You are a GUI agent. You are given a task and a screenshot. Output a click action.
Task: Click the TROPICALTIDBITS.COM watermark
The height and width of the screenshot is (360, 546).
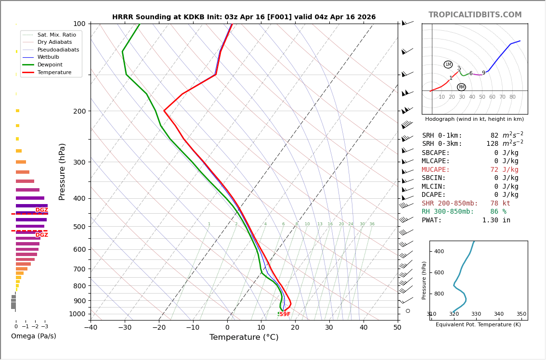475,15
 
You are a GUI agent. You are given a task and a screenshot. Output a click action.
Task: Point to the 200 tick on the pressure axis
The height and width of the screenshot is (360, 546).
79,111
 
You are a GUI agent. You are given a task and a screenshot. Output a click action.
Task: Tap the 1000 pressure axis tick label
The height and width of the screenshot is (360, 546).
77,314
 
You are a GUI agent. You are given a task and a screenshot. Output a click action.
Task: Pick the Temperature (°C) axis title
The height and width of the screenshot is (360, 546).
244,337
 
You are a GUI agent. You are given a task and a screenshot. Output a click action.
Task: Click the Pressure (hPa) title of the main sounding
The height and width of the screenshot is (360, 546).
63,171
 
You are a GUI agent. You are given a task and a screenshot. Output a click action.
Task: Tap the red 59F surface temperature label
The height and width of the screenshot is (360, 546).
285,314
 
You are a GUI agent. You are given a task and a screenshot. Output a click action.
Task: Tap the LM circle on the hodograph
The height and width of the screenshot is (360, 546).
448,64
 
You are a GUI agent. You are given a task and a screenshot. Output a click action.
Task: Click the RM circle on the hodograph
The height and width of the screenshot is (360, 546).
461,87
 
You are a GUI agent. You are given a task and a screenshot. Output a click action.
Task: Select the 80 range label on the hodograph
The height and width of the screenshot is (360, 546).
512,97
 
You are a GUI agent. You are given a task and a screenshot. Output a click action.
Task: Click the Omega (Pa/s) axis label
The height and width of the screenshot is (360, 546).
34,336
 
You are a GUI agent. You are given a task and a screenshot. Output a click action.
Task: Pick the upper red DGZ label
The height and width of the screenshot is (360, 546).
42,210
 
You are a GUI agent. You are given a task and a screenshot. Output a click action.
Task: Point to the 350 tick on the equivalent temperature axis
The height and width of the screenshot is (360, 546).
521,314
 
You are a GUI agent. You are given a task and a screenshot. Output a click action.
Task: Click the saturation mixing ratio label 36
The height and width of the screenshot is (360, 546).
372,224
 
